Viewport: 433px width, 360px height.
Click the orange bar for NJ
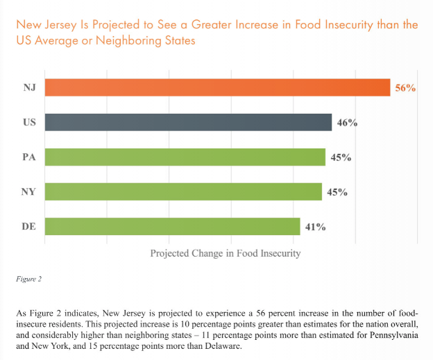coord(217,87)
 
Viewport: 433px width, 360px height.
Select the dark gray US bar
coord(188,122)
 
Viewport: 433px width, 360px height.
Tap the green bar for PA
coord(185,157)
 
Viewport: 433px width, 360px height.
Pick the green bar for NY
coord(183,191)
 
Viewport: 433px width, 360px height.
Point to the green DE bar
coord(173,226)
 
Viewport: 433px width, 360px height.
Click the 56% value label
coord(405,88)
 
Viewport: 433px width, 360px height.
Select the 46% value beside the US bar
coord(346,123)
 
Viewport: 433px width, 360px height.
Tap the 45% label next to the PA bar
coord(340,157)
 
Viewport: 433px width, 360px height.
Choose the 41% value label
coord(315,227)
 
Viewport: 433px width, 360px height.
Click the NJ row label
coord(30,88)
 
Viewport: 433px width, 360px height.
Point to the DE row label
coord(30,227)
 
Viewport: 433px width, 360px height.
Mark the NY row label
coord(30,192)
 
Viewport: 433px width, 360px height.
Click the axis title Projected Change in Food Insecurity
coord(226,253)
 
